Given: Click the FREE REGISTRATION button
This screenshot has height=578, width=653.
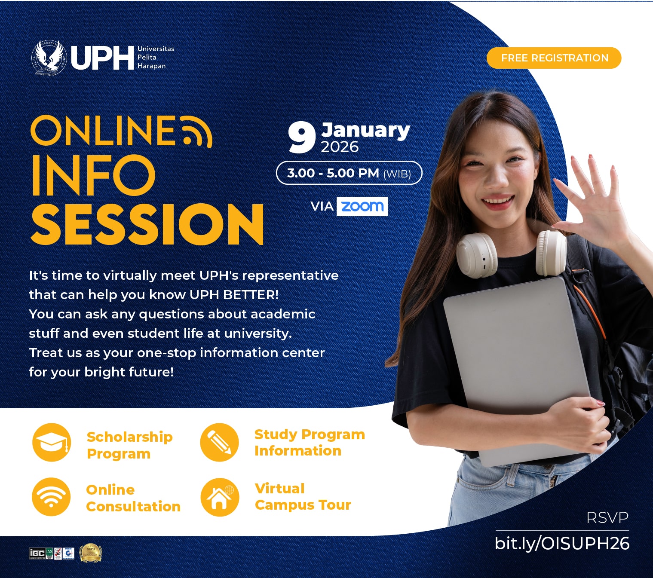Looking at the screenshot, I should [x=554, y=58].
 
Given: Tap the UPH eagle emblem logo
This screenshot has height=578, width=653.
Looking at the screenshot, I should [x=49, y=58].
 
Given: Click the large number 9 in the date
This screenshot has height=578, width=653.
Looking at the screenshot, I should [x=302, y=138].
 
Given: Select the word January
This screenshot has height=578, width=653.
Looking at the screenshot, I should [x=365, y=130].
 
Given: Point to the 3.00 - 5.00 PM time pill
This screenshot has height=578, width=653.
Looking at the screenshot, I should [x=349, y=173].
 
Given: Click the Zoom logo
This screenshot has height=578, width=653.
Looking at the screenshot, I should [x=362, y=206].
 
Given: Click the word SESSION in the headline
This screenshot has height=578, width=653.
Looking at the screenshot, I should [x=147, y=224].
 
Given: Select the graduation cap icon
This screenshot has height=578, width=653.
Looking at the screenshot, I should [x=52, y=442].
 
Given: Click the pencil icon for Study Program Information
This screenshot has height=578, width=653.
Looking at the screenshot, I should [x=219, y=442].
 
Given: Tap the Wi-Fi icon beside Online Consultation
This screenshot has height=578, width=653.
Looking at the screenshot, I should [x=51, y=497].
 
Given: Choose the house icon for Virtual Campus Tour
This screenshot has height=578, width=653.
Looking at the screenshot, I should [x=220, y=497].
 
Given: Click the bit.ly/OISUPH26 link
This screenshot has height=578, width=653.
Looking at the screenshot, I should [x=562, y=544].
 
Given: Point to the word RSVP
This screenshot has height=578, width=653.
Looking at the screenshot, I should [x=607, y=518].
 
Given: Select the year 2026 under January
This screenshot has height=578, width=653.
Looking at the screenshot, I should [x=340, y=147].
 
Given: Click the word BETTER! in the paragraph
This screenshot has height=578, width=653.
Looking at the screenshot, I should [x=251, y=295].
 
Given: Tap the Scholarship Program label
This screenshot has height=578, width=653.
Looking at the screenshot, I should [x=129, y=445].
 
